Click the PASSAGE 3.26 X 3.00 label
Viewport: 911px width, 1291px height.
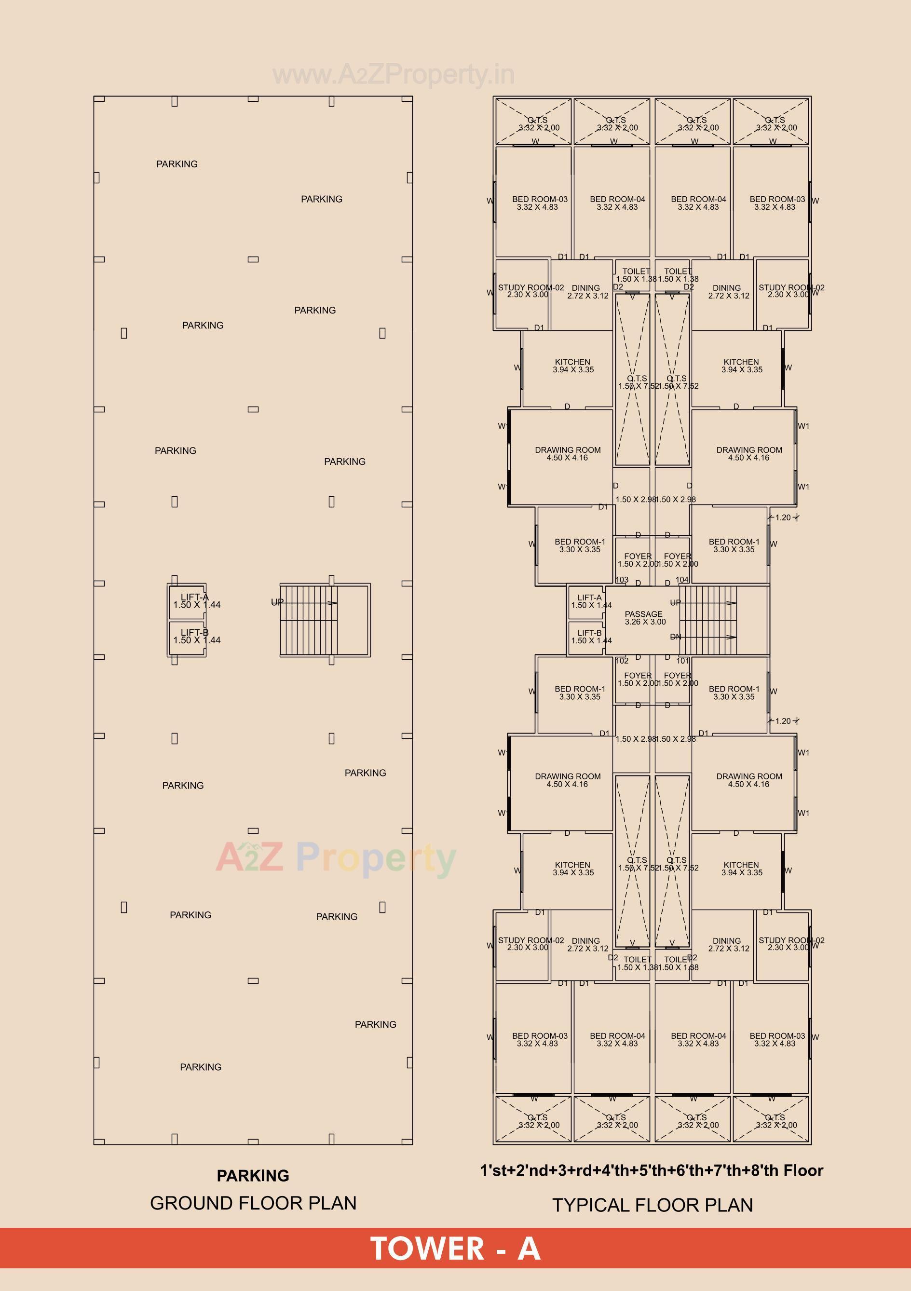tap(644, 618)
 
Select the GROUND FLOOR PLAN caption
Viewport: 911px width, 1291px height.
tap(253, 1203)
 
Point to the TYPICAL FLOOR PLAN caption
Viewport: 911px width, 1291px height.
tap(653, 1205)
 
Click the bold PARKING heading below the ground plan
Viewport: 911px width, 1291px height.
tap(253, 1175)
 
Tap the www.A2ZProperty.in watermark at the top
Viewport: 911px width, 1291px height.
tap(393, 75)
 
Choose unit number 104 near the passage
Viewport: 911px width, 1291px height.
tap(682, 580)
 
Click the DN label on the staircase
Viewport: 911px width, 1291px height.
tap(675, 637)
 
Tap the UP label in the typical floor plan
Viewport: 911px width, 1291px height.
tap(675, 602)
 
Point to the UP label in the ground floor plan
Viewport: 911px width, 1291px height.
tap(277, 602)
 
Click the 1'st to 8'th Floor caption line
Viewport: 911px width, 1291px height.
tap(651, 1170)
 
